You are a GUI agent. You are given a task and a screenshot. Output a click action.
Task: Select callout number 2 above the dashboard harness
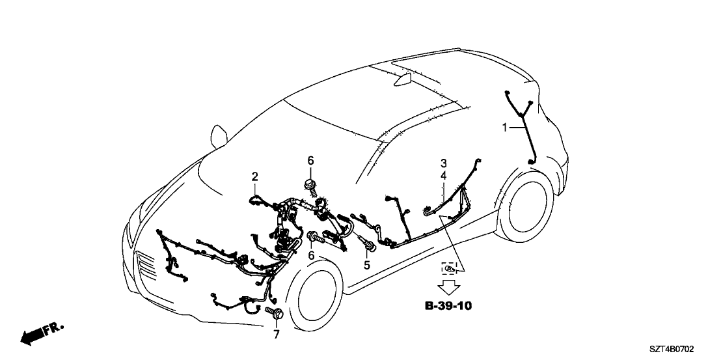(255, 176)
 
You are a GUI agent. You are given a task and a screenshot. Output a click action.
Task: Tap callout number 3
(443, 163)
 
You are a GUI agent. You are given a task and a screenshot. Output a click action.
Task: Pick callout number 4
(443, 176)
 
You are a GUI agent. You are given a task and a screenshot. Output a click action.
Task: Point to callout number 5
(366, 265)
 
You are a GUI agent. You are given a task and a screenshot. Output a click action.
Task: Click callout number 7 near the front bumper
(275, 333)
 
